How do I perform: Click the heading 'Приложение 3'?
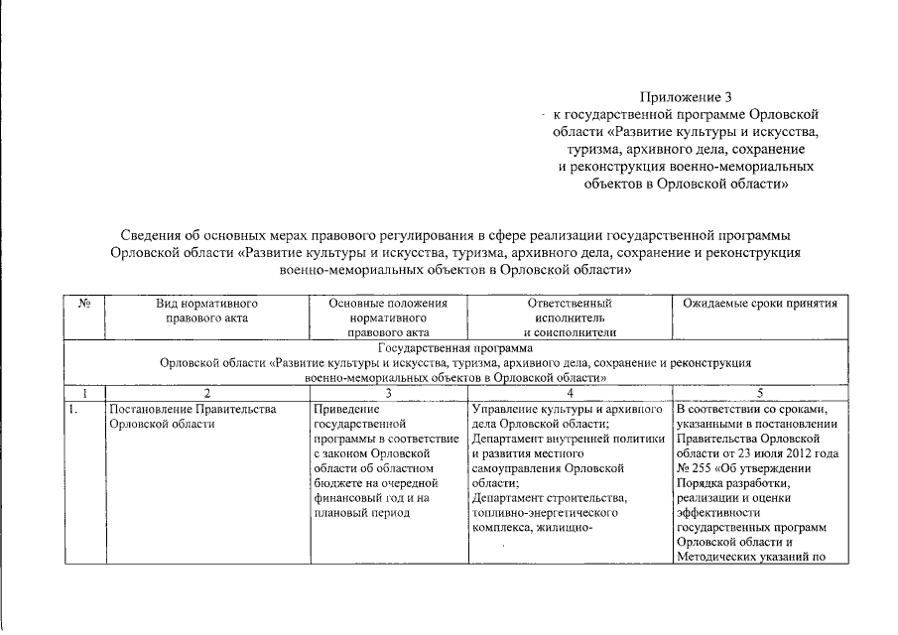tap(686, 97)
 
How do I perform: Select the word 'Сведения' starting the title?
tap(152, 236)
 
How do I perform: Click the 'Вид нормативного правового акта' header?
tap(207, 311)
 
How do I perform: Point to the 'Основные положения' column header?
tap(388, 303)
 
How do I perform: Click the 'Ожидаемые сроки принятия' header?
tap(754, 303)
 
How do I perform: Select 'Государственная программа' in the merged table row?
tap(456, 348)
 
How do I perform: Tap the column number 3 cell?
tap(388, 393)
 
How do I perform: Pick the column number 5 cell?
tap(759, 393)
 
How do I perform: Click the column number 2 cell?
tap(207, 393)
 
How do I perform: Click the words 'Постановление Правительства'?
tap(192, 409)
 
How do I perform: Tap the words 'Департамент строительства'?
tap(549, 498)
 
